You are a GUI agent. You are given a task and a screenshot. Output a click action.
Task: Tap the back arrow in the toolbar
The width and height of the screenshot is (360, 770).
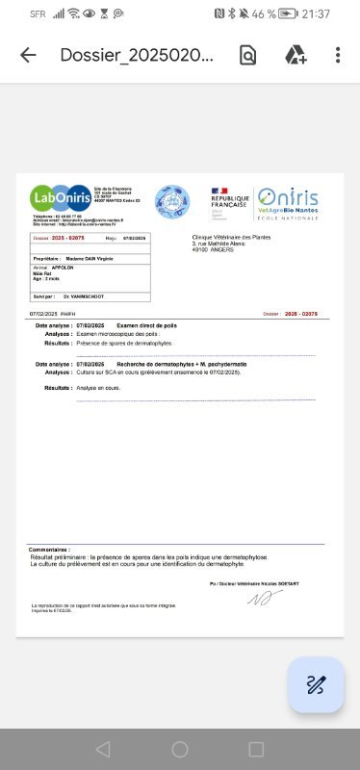tap(28, 55)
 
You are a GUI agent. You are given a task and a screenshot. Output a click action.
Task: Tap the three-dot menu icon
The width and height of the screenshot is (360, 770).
tap(338, 55)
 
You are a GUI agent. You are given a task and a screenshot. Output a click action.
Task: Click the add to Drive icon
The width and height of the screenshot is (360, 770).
tap(295, 55)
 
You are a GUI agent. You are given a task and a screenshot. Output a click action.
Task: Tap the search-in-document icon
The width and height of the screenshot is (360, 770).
tap(248, 55)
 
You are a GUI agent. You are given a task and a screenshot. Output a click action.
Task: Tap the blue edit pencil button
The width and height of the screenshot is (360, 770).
tap(316, 685)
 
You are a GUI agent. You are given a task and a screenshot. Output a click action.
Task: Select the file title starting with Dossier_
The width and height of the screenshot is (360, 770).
tap(136, 55)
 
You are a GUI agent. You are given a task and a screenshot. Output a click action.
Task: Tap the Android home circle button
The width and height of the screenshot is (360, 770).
tap(180, 749)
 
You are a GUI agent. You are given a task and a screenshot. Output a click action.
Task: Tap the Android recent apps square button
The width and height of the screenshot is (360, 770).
tap(256, 749)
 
